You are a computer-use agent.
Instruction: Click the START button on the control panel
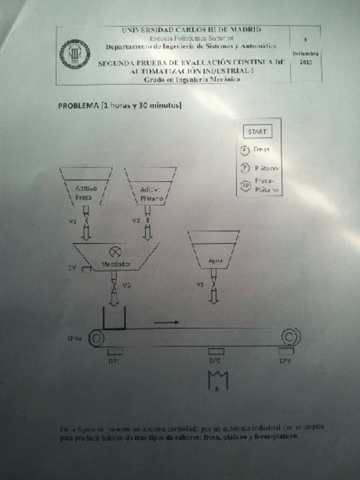coord(257,132)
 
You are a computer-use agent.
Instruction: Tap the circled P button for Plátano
coord(245,168)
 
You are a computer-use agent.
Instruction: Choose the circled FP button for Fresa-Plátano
coord(245,185)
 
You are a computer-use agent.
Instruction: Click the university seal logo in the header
coord(75,55)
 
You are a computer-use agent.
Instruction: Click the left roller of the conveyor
coord(96,338)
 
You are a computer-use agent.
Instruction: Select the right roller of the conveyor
coord(290,337)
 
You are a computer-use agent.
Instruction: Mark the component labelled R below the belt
coord(218,379)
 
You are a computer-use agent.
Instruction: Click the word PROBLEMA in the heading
coord(78,105)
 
